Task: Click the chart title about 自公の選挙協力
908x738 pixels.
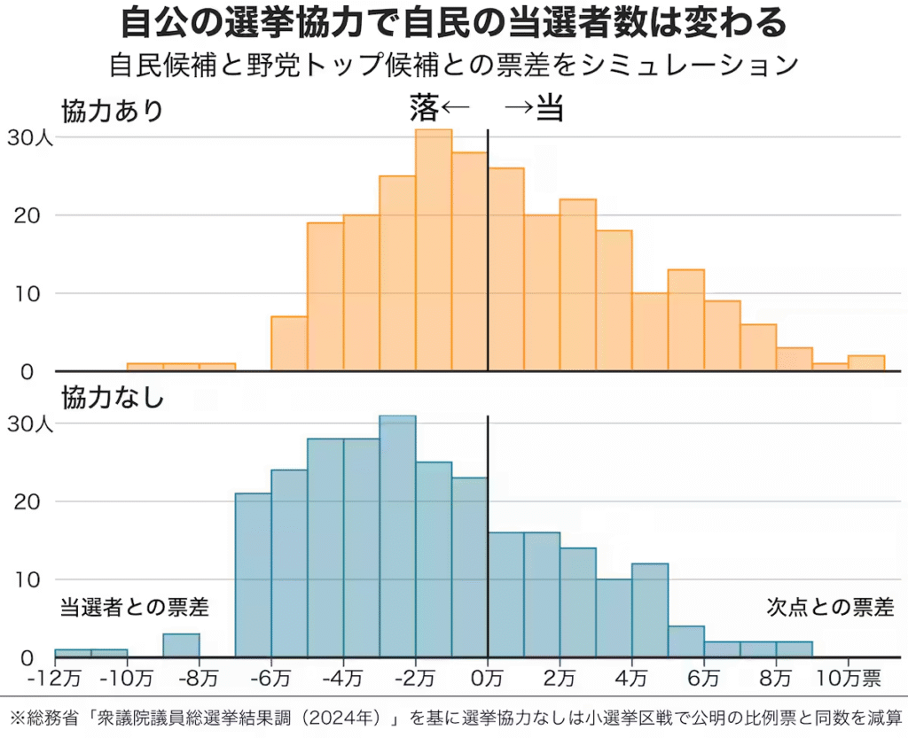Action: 453,23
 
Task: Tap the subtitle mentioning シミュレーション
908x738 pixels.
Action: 453,66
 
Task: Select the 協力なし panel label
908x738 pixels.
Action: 113,397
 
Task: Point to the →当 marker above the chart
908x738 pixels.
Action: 535,109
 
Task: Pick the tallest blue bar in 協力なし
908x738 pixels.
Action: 397,536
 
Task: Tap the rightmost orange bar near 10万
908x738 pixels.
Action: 866,363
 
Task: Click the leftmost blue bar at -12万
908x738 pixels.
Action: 73,654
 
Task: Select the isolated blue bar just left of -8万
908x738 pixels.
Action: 181,646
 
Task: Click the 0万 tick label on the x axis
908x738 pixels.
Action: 488,680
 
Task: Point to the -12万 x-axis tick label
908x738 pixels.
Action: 55,680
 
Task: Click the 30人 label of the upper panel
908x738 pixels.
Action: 31,137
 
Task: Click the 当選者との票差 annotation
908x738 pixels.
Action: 134,608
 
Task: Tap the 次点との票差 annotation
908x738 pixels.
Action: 830,608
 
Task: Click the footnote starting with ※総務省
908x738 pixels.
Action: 453,717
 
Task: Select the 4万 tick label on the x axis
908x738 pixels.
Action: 632,680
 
